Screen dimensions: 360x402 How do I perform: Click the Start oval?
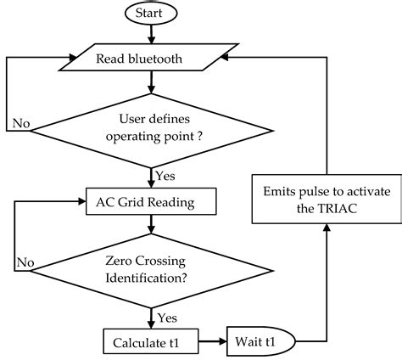coord(150,14)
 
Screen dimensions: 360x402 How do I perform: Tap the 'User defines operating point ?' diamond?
coord(150,126)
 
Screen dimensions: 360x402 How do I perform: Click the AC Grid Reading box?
coord(150,201)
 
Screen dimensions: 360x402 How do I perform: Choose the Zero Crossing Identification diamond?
coord(150,270)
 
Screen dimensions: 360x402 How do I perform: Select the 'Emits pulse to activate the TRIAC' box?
coord(326,201)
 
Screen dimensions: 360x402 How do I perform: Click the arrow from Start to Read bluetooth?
coord(150,33)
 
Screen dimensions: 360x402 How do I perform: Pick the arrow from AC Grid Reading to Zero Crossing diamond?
coord(150,224)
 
